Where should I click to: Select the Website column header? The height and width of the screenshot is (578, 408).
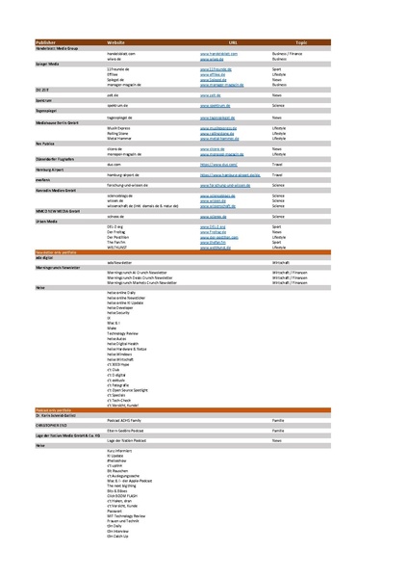(x=115, y=43)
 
